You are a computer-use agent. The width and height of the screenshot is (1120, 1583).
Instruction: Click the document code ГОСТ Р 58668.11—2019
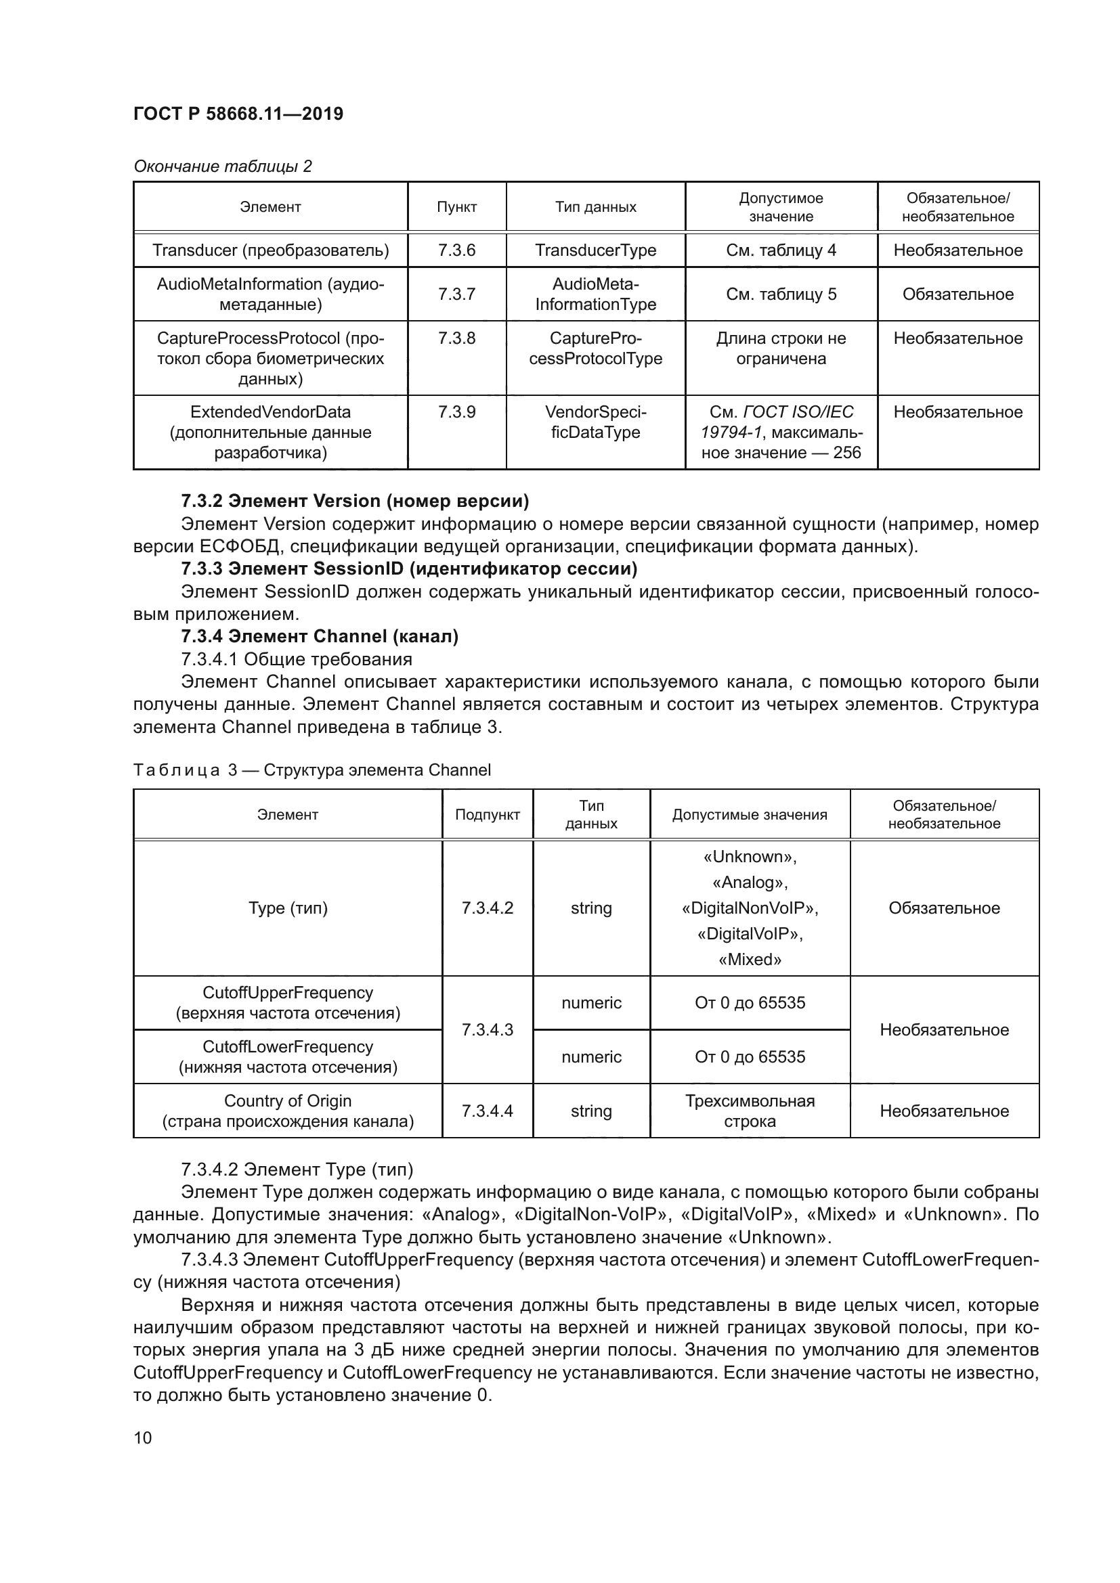point(238,114)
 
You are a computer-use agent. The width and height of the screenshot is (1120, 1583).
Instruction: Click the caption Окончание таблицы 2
point(222,166)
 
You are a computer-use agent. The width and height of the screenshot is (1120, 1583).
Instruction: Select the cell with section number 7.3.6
point(456,250)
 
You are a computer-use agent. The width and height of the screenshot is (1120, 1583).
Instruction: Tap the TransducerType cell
point(595,250)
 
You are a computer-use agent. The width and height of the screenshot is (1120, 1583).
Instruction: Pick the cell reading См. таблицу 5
point(781,294)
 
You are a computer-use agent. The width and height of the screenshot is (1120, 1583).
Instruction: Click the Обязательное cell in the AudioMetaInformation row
point(957,294)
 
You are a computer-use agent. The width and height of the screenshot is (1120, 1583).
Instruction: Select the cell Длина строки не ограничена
point(781,349)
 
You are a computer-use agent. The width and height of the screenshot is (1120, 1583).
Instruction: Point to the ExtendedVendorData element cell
point(270,432)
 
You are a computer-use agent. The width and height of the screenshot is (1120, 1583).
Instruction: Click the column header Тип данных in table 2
point(595,207)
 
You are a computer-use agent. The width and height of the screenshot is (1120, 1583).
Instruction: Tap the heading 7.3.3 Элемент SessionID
point(408,568)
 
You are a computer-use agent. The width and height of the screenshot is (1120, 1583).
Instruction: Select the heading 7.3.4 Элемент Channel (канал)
point(320,636)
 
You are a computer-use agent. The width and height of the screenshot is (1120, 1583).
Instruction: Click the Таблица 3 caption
point(311,770)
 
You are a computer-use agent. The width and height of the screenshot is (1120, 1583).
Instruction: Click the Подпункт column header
point(487,815)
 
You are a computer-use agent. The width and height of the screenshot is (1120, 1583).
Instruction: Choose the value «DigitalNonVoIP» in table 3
point(750,908)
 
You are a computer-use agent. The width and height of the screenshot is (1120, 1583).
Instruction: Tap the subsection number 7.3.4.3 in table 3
point(487,1030)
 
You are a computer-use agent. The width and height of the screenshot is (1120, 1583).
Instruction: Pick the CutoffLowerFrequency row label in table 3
point(288,1057)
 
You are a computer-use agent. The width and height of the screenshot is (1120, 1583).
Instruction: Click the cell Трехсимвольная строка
point(750,1111)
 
